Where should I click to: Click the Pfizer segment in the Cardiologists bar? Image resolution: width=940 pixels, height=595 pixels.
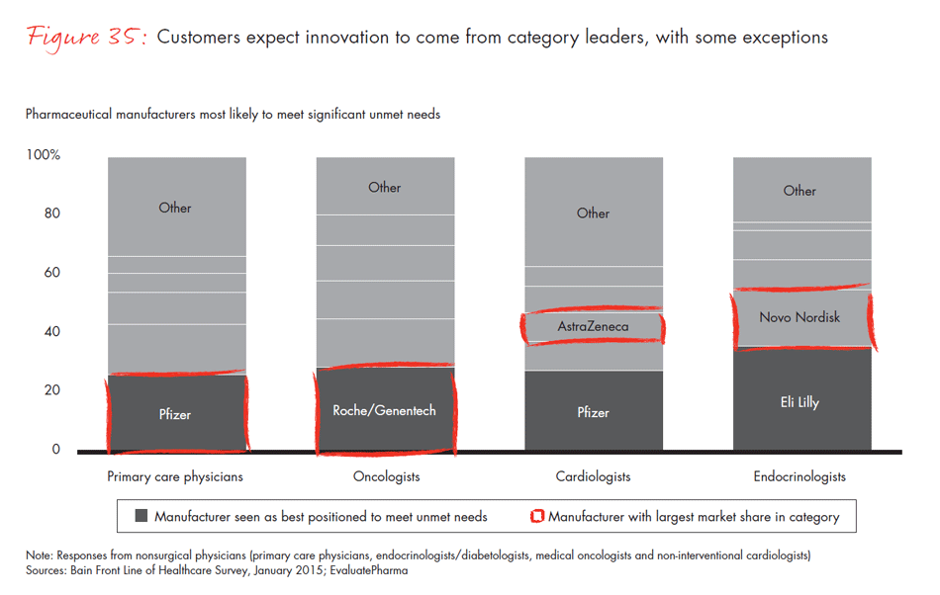point(594,412)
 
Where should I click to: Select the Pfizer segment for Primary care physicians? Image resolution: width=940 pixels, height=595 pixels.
point(175,414)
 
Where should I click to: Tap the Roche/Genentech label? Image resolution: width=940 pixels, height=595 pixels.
point(384,410)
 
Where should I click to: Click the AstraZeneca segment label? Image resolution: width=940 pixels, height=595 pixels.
point(593,326)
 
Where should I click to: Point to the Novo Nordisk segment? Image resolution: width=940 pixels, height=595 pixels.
point(799,317)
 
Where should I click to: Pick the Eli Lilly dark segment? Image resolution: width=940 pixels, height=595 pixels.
point(799,402)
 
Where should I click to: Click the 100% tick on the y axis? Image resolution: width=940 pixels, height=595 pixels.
point(44,155)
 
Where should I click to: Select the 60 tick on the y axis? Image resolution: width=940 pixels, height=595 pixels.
point(51,273)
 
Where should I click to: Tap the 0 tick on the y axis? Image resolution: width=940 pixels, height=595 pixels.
point(55,450)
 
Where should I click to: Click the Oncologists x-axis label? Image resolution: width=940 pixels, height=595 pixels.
point(385,476)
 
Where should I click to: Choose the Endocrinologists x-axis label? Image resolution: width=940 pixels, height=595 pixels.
point(800,476)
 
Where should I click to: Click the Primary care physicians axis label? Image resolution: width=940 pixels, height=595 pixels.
point(175,476)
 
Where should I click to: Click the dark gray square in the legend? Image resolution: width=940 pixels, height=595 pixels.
point(141,516)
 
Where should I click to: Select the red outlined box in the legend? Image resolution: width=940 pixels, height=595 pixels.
point(538,516)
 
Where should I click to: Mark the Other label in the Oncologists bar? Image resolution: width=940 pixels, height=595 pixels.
point(384,187)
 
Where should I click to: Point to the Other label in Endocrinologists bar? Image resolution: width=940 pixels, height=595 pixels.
point(799,191)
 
